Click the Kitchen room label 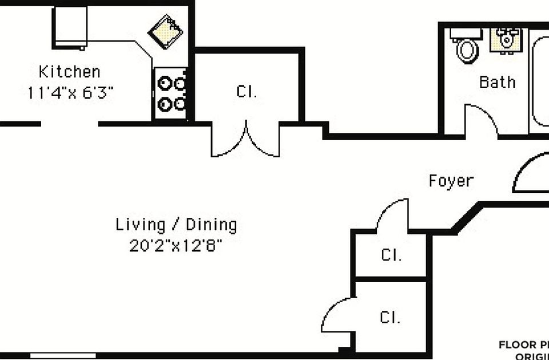point(69,72)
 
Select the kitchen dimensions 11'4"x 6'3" point(70,93)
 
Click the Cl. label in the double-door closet point(246,92)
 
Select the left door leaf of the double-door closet point(229,140)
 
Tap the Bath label point(497,82)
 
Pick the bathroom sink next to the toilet point(505,39)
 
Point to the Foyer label point(451,181)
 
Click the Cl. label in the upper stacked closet point(391,255)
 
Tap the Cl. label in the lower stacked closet point(390,317)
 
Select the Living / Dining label point(176,224)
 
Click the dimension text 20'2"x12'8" point(176,246)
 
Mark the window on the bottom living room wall point(63,355)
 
